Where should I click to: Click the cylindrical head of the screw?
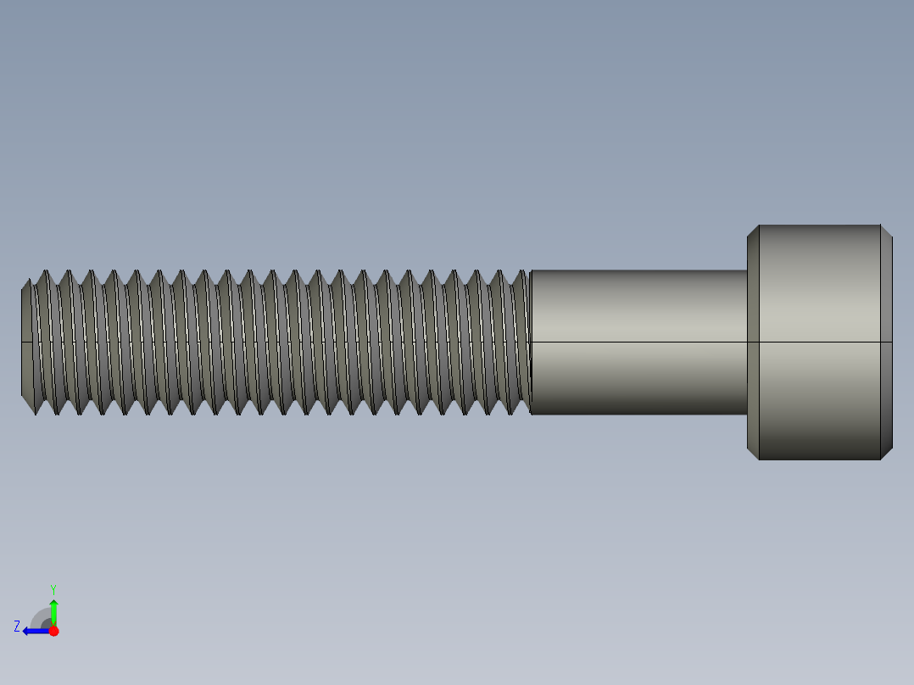pyautogui.click(x=819, y=342)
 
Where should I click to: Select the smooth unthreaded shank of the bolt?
pyautogui.click(x=638, y=342)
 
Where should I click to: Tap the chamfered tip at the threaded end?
pyautogui.click(x=26, y=342)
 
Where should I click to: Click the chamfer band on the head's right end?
pyautogui.click(x=886, y=342)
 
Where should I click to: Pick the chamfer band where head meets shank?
pyautogui.click(x=753, y=342)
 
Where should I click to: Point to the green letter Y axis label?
pyautogui.click(x=53, y=588)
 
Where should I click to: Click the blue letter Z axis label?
pyautogui.click(x=17, y=627)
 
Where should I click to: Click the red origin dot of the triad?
pyautogui.click(x=53, y=631)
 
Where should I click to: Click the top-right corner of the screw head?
pyautogui.click(x=881, y=226)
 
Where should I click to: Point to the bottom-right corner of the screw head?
pyautogui.click(x=881, y=459)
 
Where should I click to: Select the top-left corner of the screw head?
pyautogui.click(x=758, y=226)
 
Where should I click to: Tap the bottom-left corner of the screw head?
pyautogui.click(x=758, y=459)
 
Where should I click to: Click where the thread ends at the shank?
pyautogui.click(x=530, y=342)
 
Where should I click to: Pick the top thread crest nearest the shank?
pyautogui.click(x=520, y=271)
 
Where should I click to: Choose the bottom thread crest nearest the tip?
pyautogui.click(x=37, y=415)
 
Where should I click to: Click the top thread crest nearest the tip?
pyautogui.click(x=45, y=271)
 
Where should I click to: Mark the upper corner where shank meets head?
pyautogui.click(x=747, y=270)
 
